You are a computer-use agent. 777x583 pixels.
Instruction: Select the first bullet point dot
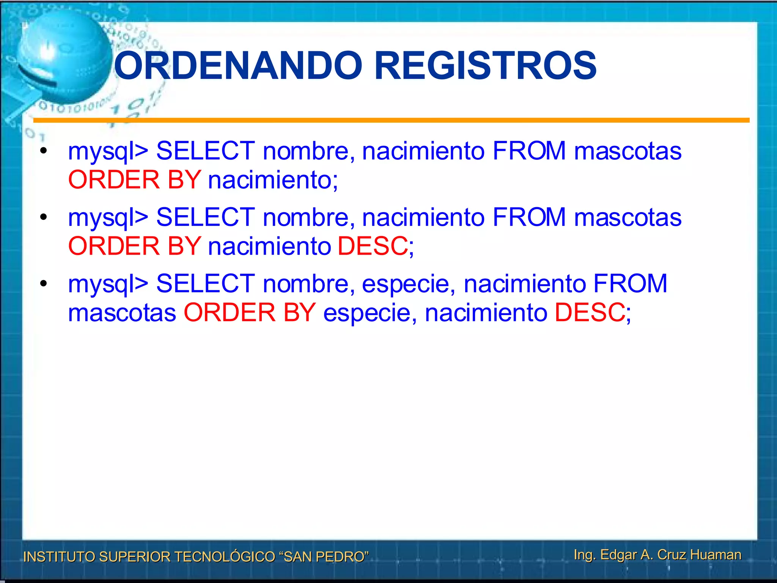[44, 151]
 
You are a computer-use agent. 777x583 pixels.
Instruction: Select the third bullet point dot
[44, 284]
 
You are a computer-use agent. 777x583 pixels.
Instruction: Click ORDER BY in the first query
[134, 180]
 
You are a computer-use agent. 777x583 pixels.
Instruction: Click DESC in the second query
[373, 246]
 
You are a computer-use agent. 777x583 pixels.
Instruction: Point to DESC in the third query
[590, 312]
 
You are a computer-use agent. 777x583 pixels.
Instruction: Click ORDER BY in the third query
[250, 312]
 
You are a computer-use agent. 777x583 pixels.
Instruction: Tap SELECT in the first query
[206, 151]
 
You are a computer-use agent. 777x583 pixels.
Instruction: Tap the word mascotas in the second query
[628, 217]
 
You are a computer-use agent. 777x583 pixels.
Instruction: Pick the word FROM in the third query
[630, 284]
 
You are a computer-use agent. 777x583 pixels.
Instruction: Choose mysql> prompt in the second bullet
[108, 218]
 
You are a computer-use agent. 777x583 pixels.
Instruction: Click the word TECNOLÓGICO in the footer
[225, 556]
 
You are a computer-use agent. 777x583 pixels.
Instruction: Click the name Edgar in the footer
[618, 555]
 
